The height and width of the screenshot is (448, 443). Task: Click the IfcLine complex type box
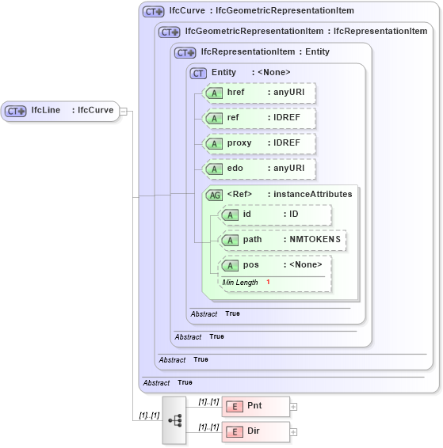point(59,111)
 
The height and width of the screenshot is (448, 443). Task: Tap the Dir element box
point(254,432)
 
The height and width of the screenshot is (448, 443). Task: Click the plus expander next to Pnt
point(293,407)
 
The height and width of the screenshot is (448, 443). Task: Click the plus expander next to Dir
point(293,432)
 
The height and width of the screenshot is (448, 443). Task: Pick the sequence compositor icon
point(174,420)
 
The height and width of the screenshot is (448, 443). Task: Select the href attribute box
point(259,93)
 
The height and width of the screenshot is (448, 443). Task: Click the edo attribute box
point(259,169)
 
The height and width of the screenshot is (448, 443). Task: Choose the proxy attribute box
point(259,143)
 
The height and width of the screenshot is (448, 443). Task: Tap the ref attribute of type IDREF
point(259,118)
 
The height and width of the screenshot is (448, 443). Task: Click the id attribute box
point(275,215)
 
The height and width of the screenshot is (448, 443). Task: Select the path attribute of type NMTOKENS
point(282,240)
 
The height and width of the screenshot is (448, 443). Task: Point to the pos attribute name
point(251,265)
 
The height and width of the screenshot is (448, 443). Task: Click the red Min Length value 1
point(268,283)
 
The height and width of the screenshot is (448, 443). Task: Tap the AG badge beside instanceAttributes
point(214,195)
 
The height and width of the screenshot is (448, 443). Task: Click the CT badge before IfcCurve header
point(153,11)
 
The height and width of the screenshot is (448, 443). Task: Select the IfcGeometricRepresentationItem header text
point(254,32)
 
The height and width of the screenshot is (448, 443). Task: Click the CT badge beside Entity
point(198,73)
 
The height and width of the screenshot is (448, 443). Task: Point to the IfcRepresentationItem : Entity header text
point(265,52)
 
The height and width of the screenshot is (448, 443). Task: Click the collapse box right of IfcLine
point(124,111)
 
